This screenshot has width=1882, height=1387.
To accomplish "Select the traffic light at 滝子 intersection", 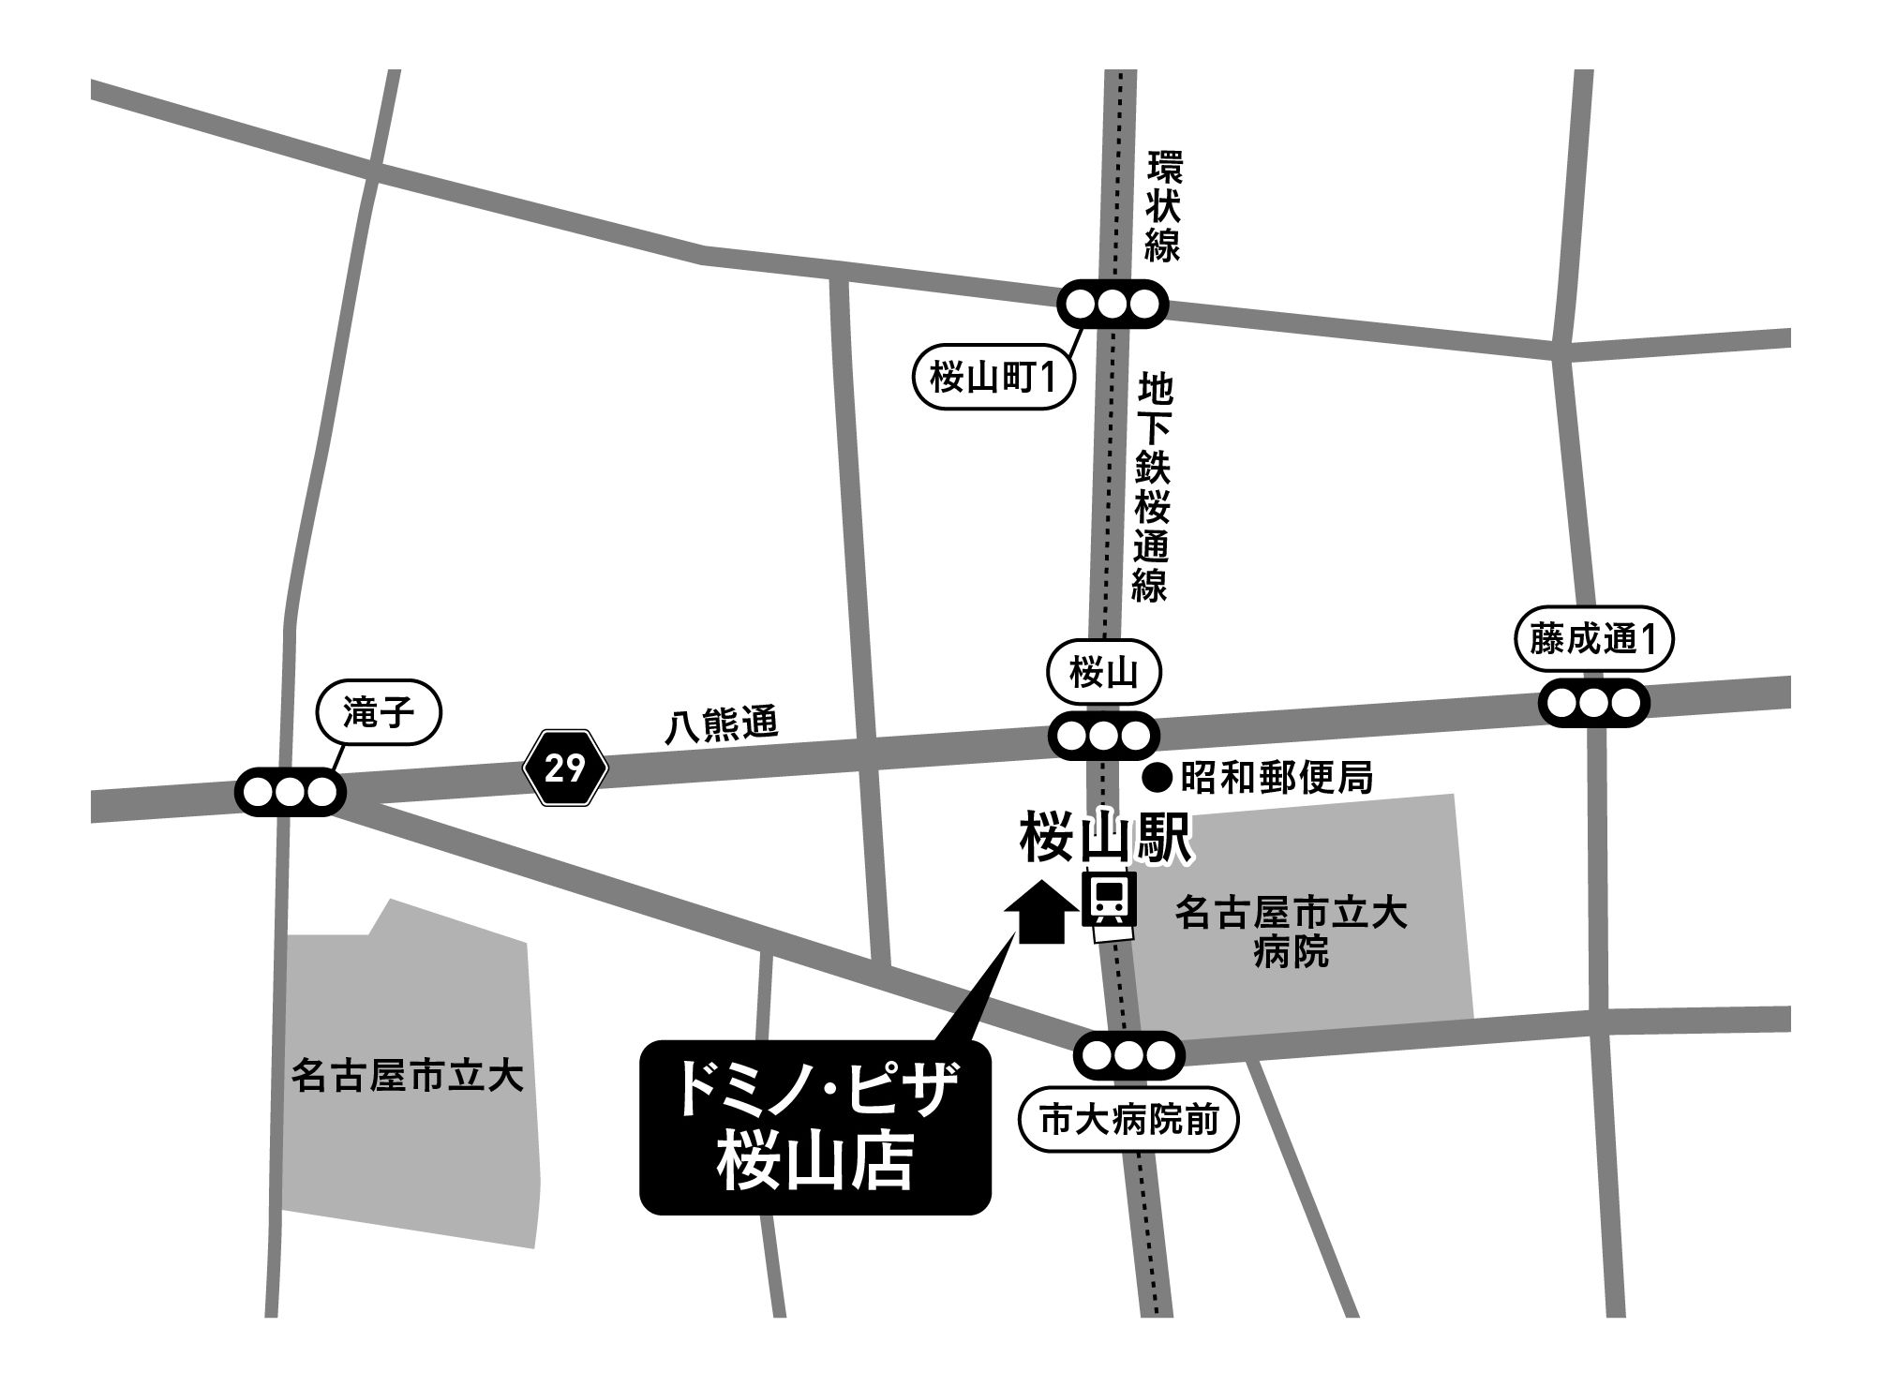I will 290,792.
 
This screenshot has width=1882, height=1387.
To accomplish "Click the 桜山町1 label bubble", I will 993,380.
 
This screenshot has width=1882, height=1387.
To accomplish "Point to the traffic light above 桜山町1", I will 1113,304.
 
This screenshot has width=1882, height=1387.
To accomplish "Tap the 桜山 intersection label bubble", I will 1103,672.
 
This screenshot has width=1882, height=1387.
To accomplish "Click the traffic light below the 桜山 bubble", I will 1103,736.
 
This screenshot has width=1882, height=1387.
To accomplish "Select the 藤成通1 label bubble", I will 1593,640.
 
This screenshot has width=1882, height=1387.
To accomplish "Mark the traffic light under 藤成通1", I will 1593,702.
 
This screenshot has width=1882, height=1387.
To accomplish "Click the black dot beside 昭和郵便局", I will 1158,777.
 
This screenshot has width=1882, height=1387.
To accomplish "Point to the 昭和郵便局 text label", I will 1277,778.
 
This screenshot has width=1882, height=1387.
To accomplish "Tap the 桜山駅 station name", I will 1106,837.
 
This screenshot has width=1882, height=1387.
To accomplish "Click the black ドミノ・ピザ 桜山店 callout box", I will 814,1127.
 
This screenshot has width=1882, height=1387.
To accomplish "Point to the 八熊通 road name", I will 722,725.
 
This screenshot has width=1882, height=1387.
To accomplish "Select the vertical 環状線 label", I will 1163,207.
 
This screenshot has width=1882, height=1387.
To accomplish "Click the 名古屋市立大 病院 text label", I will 1292,933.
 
